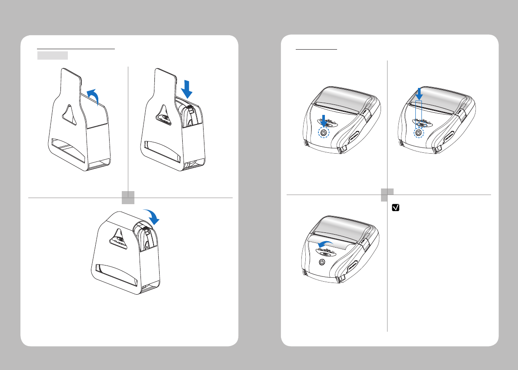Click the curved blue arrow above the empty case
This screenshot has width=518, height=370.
coord(93,95)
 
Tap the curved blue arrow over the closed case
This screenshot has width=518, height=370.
coord(153,215)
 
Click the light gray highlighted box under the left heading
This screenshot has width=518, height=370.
coord(52,55)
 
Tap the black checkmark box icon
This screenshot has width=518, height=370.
coord(395,209)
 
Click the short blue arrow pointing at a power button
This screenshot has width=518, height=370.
coord(323,120)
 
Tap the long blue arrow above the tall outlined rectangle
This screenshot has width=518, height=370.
coord(419,93)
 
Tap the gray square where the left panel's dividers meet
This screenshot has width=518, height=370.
coord(128,197)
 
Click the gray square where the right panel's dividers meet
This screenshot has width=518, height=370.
coord(387,194)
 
